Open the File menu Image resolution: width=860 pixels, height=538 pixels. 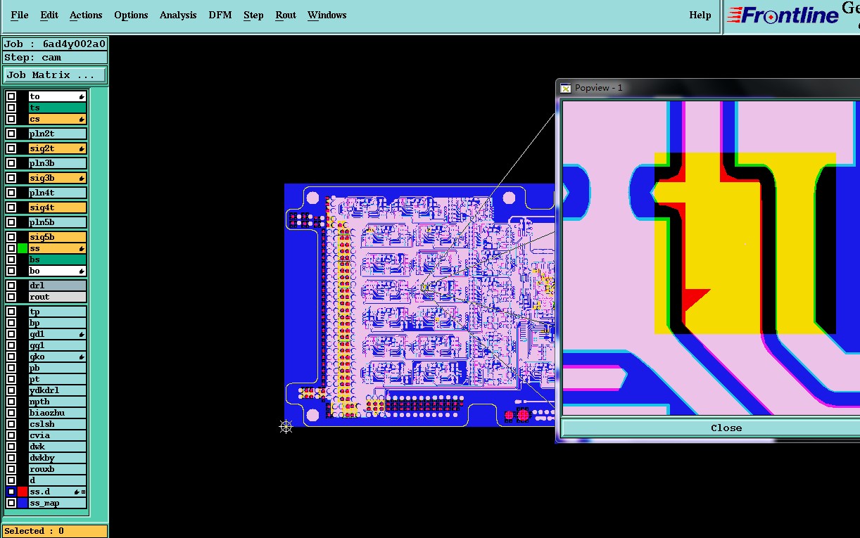[x=20, y=15]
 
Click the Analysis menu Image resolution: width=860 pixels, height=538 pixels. [x=178, y=15]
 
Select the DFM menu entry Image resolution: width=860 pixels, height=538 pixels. [x=220, y=15]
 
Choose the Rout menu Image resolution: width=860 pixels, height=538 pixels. [x=286, y=15]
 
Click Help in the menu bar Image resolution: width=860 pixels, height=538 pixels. [x=700, y=15]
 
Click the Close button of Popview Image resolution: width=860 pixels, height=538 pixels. [x=726, y=428]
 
